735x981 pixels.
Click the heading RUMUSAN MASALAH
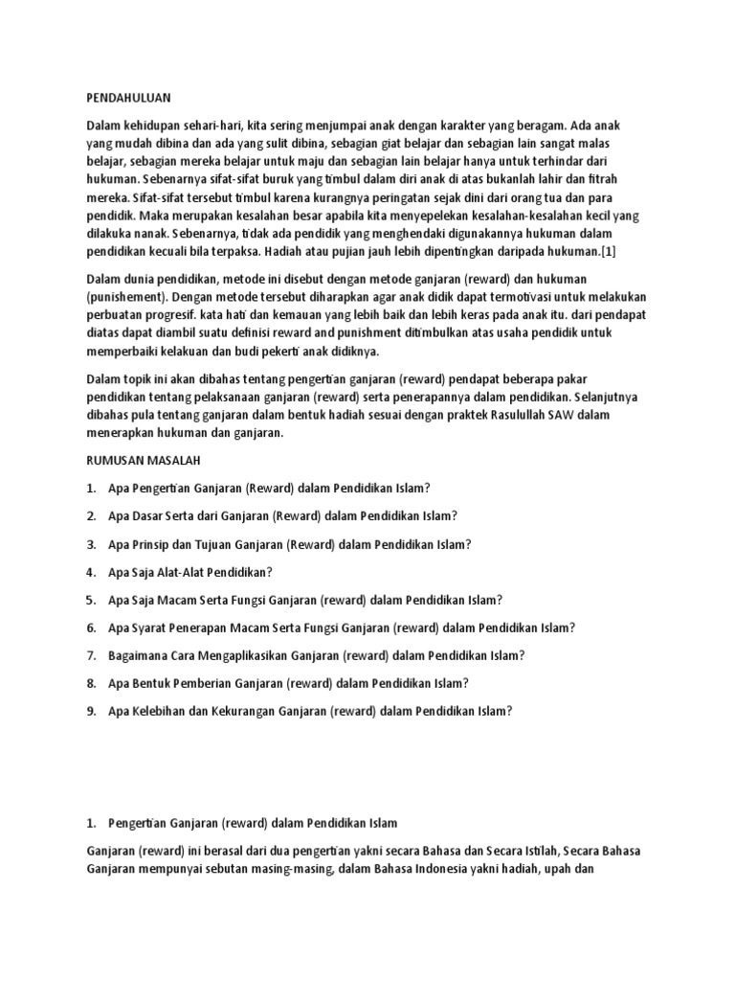142,461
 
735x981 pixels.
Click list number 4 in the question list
91,572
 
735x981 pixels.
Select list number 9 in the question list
91,711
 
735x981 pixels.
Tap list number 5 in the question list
91,600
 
